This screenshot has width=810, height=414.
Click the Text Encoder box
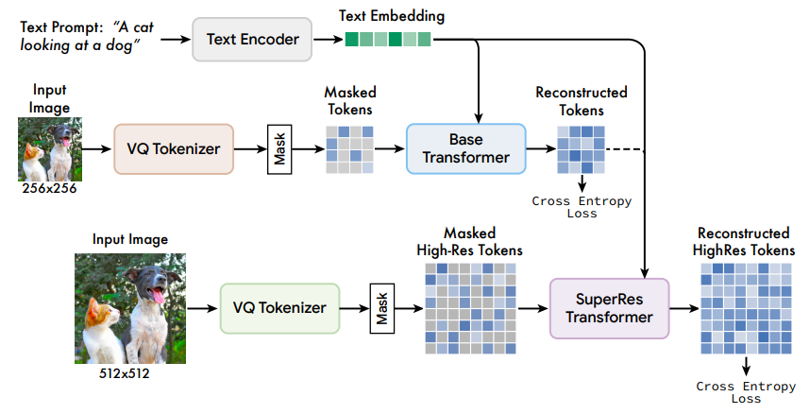pyautogui.click(x=252, y=40)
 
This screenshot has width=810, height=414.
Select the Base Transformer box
pyautogui.click(x=465, y=147)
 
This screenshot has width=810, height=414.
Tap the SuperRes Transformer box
pyautogui.click(x=609, y=308)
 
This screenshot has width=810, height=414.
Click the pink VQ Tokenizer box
pyautogui.click(x=174, y=147)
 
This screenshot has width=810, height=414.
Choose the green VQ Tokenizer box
pyautogui.click(x=279, y=307)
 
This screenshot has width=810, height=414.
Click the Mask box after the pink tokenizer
pyautogui.click(x=280, y=147)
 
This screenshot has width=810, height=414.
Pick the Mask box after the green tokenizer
pyautogui.click(x=383, y=308)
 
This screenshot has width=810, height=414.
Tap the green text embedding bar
pyautogui.click(x=386, y=40)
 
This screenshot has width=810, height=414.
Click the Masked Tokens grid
pyautogui.click(x=349, y=147)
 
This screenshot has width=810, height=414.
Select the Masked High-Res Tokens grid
pyautogui.click(x=470, y=308)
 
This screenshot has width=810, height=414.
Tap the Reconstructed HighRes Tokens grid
pyautogui.click(x=745, y=308)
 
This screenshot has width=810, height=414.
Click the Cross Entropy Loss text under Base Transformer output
pyautogui.click(x=582, y=207)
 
